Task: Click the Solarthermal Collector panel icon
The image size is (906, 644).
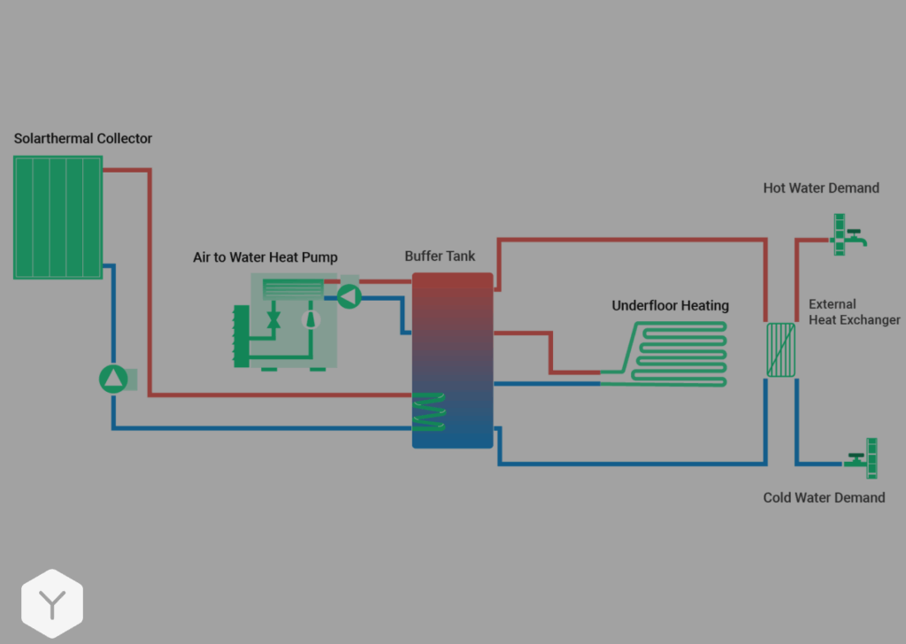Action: coord(58,217)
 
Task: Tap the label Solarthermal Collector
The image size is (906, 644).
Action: coord(83,138)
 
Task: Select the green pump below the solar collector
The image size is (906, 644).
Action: coord(113,379)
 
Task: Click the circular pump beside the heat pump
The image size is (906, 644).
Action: coord(349,296)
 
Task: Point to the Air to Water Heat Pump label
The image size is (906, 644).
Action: coord(265,257)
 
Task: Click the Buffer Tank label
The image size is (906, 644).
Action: coord(440,257)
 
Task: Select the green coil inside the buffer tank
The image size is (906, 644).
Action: coord(430,411)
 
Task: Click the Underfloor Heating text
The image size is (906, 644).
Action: coord(670,306)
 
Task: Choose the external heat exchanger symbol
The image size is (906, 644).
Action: coord(780,349)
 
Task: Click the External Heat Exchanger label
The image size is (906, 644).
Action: coord(854,312)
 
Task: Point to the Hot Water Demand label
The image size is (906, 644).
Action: coord(821,188)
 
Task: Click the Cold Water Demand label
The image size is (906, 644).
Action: coord(824,498)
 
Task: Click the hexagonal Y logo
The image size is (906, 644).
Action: coord(52,604)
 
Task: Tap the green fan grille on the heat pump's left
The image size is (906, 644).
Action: coord(240,336)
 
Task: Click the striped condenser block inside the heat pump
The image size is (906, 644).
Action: coord(294,288)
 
